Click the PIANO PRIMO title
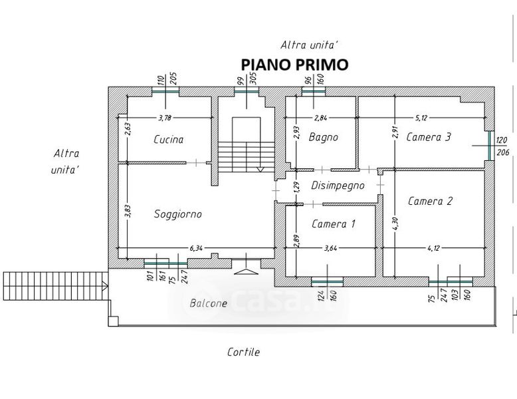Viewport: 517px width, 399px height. tap(294, 65)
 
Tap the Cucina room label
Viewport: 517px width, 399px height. tap(168, 140)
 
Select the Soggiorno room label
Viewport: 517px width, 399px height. tap(177, 214)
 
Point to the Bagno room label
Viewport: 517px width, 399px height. tap(323, 138)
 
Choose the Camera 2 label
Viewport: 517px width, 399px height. tap(430, 201)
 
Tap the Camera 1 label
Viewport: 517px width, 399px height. tap(333, 224)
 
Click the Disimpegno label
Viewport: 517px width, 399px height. tap(338, 186)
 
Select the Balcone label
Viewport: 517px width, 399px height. tap(208, 303)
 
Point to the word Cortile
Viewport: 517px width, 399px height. tap(243, 352)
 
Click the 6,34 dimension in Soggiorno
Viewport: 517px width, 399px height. tap(196, 248)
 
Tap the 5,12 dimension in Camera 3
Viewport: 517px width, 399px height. tap(421, 118)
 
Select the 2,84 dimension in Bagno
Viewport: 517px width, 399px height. tap(321, 118)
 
